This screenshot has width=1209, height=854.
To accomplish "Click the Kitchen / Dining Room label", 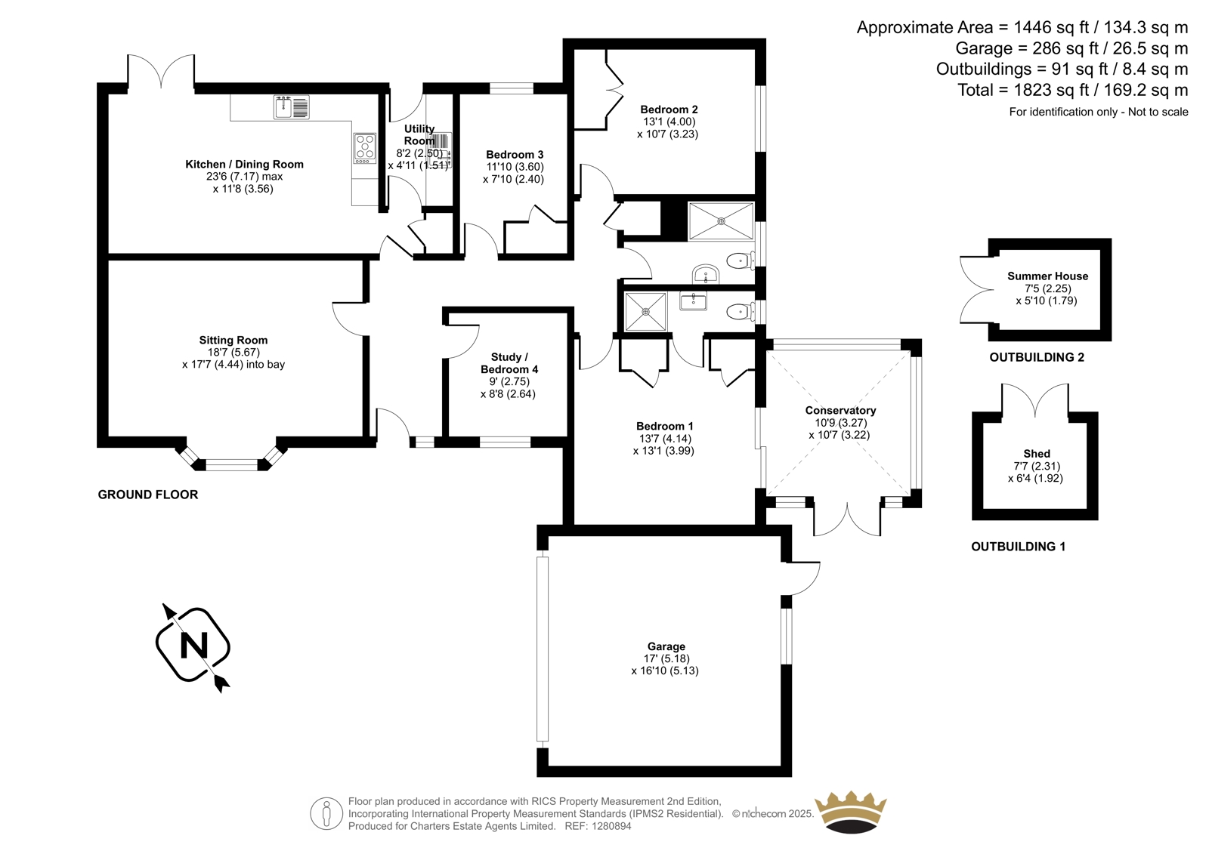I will (244, 164).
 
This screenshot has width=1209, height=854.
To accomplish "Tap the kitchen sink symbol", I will (291, 107).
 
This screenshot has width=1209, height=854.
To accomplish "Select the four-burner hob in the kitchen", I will (365, 148).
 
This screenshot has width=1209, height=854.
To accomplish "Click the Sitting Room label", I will (233, 340).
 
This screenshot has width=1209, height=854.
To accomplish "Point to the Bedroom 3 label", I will (515, 155).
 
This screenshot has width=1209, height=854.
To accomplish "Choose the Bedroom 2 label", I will (669, 109).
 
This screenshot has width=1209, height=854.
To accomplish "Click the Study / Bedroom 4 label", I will (509, 363).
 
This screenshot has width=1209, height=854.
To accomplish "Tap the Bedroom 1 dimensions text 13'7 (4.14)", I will (665, 438).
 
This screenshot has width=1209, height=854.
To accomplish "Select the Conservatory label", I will (840, 410).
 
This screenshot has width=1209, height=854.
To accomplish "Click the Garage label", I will (666, 646).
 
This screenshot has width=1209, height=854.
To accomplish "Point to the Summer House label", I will (1047, 276).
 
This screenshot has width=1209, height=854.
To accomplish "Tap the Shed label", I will (1037, 454).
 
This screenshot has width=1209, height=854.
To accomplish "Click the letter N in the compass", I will (193, 646).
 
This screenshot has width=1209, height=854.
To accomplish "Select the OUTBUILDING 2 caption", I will (1036, 357).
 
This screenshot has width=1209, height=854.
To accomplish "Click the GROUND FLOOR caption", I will (148, 495).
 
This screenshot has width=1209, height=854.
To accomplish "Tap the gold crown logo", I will (850, 812).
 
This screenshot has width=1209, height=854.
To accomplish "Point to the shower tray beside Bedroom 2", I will (721, 221).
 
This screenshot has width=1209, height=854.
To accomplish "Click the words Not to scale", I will (1158, 112).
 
